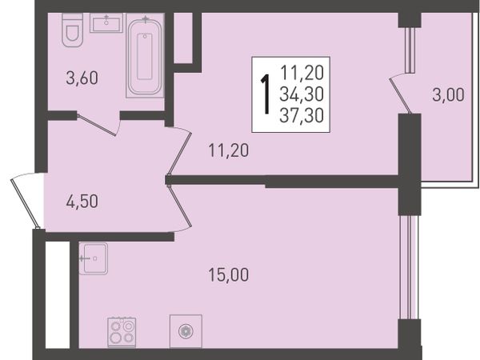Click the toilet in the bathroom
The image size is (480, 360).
point(73,30)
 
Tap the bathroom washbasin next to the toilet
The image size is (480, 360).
point(106,23)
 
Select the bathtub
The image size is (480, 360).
point(145,56)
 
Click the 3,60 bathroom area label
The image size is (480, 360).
point(82,78)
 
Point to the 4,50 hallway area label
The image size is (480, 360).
point(82,202)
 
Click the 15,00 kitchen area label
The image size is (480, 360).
point(229,274)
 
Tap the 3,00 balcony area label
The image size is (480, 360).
point(448,95)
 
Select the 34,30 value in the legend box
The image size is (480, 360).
point(302,94)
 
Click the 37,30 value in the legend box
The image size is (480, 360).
point(302,116)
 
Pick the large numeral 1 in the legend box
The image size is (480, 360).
point(266,94)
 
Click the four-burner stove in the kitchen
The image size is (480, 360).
point(122,332)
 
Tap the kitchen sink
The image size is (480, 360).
point(94,258)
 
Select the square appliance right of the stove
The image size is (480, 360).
point(186,331)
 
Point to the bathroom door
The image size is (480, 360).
point(98,124)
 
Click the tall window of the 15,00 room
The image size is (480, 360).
point(410,267)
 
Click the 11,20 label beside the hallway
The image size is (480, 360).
point(229,150)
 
